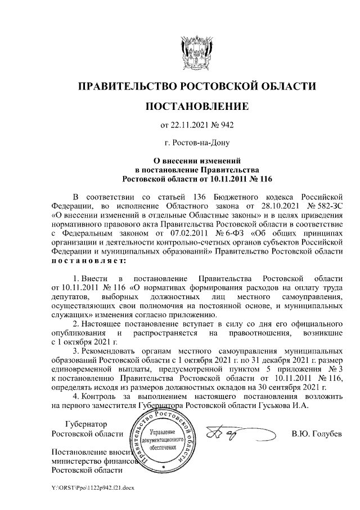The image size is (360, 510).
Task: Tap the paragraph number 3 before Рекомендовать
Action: [x=76, y=351]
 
